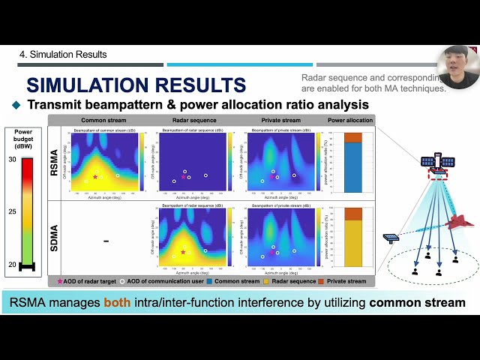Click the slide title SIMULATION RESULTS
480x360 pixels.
pyautogui.click(x=136, y=85)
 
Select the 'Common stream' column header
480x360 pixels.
pyautogui.click(x=103, y=120)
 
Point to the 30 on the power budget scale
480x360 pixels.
pyautogui.click(x=12, y=160)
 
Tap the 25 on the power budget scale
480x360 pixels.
pyautogui.click(x=12, y=212)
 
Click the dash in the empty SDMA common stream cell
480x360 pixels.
pyautogui.click(x=106, y=241)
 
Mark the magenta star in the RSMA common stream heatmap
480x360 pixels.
pyautogui.click(x=95, y=177)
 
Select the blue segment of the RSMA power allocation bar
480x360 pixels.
pyautogui.click(x=352, y=168)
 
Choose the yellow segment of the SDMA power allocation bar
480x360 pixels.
pyautogui.click(x=352, y=244)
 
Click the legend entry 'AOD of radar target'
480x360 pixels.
pyautogui.click(x=85, y=281)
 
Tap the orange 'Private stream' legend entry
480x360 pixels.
pyautogui.click(x=343, y=281)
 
